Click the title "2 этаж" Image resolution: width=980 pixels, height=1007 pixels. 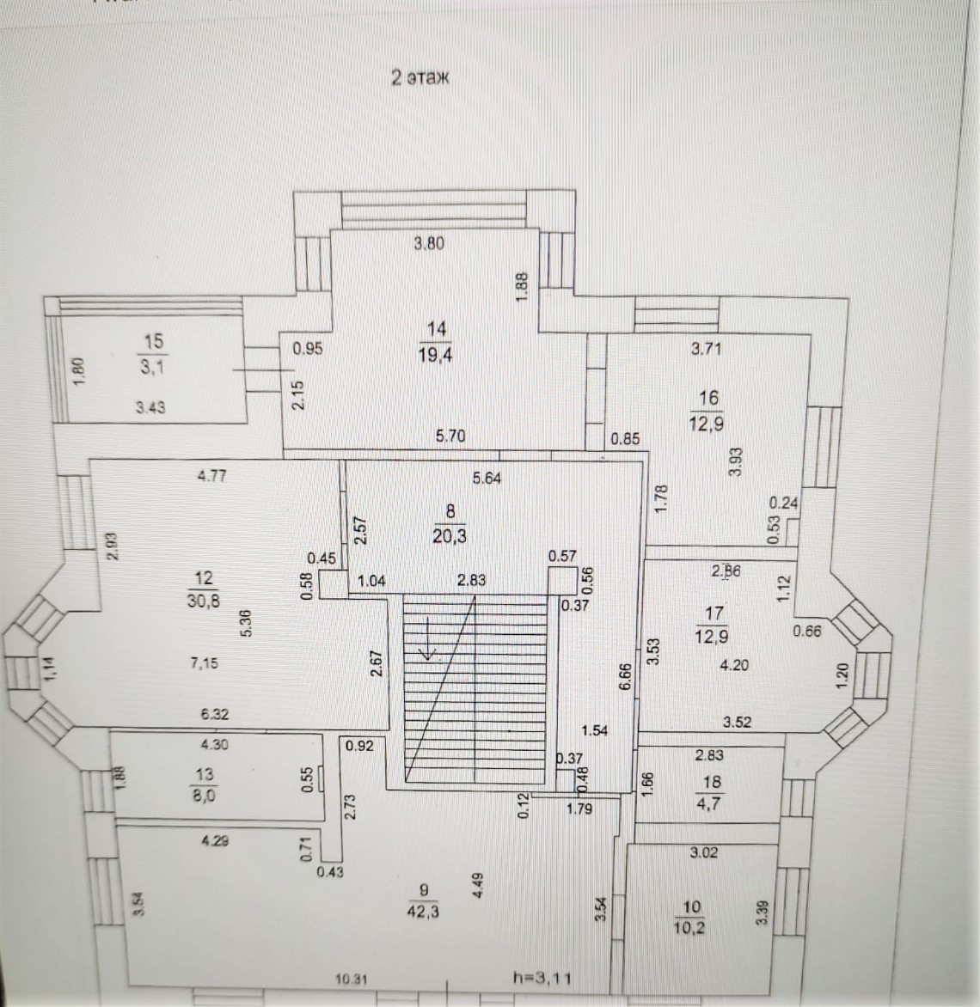[x=420, y=77]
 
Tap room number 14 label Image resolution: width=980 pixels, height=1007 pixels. [x=438, y=328]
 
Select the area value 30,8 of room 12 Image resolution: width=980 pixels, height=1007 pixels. [x=204, y=601]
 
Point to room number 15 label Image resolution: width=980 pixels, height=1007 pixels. [x=153, y=342]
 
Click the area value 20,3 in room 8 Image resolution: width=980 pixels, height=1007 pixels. [x=450, y=537]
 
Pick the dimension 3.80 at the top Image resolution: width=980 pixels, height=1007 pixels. [x=429, y=243]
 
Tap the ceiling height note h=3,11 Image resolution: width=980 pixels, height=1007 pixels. [x=542, y=977]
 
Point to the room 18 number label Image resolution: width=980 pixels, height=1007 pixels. [x=712, y=783]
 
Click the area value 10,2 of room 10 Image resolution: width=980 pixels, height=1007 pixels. [x=691, y=928]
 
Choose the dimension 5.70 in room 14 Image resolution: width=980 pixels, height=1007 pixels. [x=450, y=436]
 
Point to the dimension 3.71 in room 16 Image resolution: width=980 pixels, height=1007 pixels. [x=706, y=349]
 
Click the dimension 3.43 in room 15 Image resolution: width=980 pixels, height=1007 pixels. [x=150, y=408]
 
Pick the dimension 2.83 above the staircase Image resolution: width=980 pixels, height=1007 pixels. [x=472, y=580]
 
